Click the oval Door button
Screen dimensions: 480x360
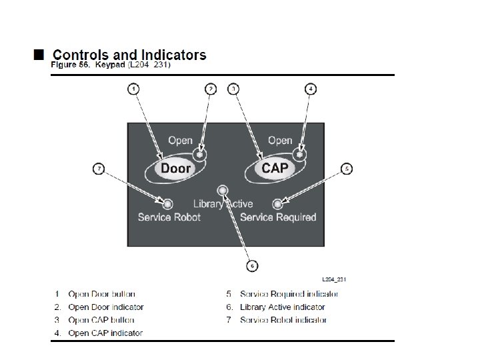coord(176,169)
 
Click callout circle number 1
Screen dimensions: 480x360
coord(134,89)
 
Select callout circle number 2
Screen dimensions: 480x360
coord(211,89)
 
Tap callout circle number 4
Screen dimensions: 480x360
coord(311,89)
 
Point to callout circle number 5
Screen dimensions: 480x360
coord(347,169)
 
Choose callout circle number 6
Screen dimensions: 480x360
coord(252,266)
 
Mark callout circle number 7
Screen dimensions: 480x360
coord(99,169)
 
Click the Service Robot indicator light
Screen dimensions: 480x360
coord(168,203)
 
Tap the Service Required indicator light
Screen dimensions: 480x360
coord(278,203)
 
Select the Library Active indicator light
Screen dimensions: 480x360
coord(223,191)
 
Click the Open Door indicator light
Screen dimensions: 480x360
coord(200,154)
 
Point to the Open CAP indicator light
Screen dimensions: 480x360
coord(300,154)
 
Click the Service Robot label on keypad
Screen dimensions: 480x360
coord(169,217)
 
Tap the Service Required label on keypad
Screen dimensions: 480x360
coord(278,217)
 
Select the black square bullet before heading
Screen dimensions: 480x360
coord(39,53)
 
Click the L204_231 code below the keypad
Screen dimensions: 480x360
coord(334,279)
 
